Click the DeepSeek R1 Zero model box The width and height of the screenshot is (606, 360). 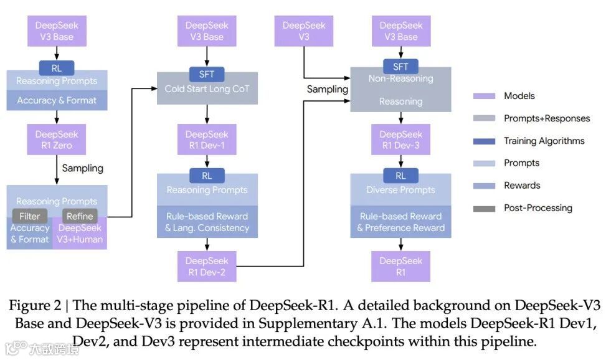(57, 140)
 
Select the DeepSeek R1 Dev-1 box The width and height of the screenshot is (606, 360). (207, 140)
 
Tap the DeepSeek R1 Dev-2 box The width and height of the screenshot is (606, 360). (207, 267)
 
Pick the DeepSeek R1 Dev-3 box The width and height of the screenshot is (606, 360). (400, 140)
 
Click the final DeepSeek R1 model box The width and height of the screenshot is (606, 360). (400, 267)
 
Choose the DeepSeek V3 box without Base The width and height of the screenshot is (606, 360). (304, 31)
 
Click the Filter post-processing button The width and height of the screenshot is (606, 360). (30, 216)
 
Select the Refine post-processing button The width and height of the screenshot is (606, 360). (80, 216)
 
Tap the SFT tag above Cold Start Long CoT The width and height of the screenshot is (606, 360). (207, 74)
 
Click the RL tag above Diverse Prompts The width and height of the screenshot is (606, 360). (400, 176)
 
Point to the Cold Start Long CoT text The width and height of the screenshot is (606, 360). (207, 89)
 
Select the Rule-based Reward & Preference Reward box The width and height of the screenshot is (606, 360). (400, 222)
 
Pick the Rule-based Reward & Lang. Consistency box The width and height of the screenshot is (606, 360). (207, 222)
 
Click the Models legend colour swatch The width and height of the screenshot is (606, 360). (484, 96)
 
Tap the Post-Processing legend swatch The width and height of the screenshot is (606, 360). (484, 208)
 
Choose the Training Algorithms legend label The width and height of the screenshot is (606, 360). (544, 141)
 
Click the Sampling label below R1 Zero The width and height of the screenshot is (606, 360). (82, 168)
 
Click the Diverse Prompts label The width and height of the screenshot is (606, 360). (400, 190)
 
